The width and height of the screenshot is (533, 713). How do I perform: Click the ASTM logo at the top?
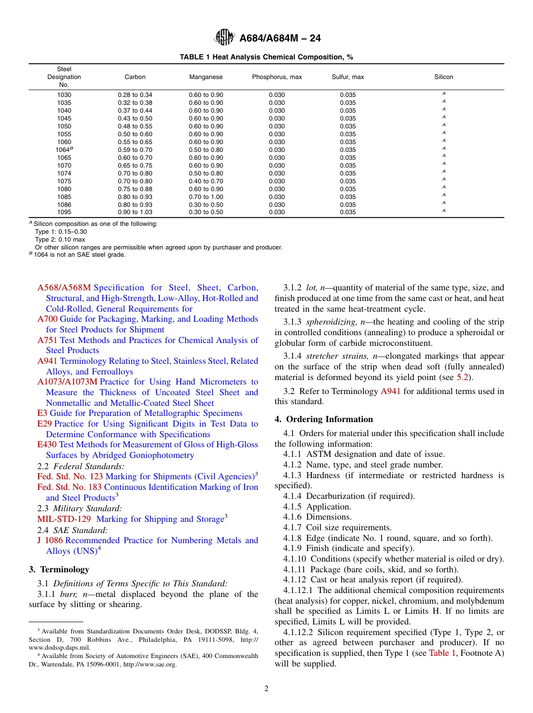tap(224, 38)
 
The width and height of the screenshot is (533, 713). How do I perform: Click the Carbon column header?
tap(135, 77)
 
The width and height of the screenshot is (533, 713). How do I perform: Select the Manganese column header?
tap(205, 77)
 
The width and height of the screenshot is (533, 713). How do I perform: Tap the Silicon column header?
tap(443, 77)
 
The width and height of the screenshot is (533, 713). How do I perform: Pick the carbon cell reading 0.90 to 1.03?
tap(135, 212)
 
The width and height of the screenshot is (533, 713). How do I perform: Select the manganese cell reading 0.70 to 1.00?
tap(205, 197)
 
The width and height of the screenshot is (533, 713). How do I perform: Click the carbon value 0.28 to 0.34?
tap(135, 95)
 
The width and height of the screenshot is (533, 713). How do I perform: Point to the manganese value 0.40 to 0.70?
tap(205, 181)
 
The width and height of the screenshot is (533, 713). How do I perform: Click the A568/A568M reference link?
tap(64, 288)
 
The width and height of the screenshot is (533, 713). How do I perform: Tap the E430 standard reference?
tap(47, 445)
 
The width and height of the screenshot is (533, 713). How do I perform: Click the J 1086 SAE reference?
tap(50, 540)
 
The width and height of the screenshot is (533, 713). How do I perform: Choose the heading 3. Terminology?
tap(59, 570)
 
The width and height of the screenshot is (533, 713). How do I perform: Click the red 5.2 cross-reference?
tap(462, 377)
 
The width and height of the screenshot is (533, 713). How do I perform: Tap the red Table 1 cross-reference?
tap(442, 653)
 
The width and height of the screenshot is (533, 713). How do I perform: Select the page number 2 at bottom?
tap(266, 689)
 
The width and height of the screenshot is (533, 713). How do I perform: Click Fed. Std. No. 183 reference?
tap(70, 487)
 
